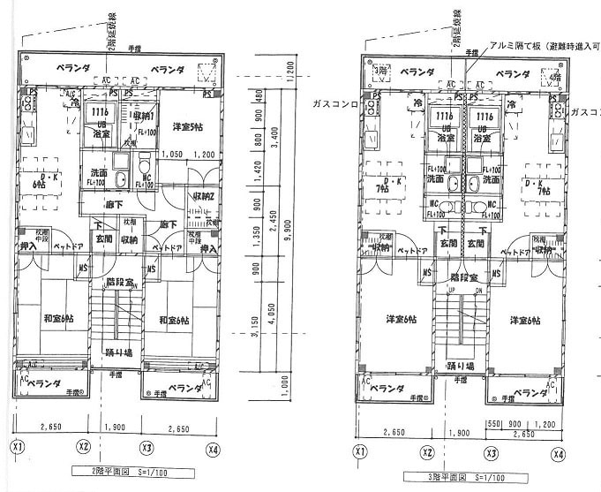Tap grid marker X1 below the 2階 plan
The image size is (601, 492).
point(17,446)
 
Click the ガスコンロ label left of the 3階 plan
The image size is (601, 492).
point(334,103)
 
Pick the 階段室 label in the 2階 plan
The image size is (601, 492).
point(119,284)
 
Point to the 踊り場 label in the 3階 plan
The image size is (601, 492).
point(460,365)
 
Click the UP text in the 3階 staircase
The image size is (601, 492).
point(452,290)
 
